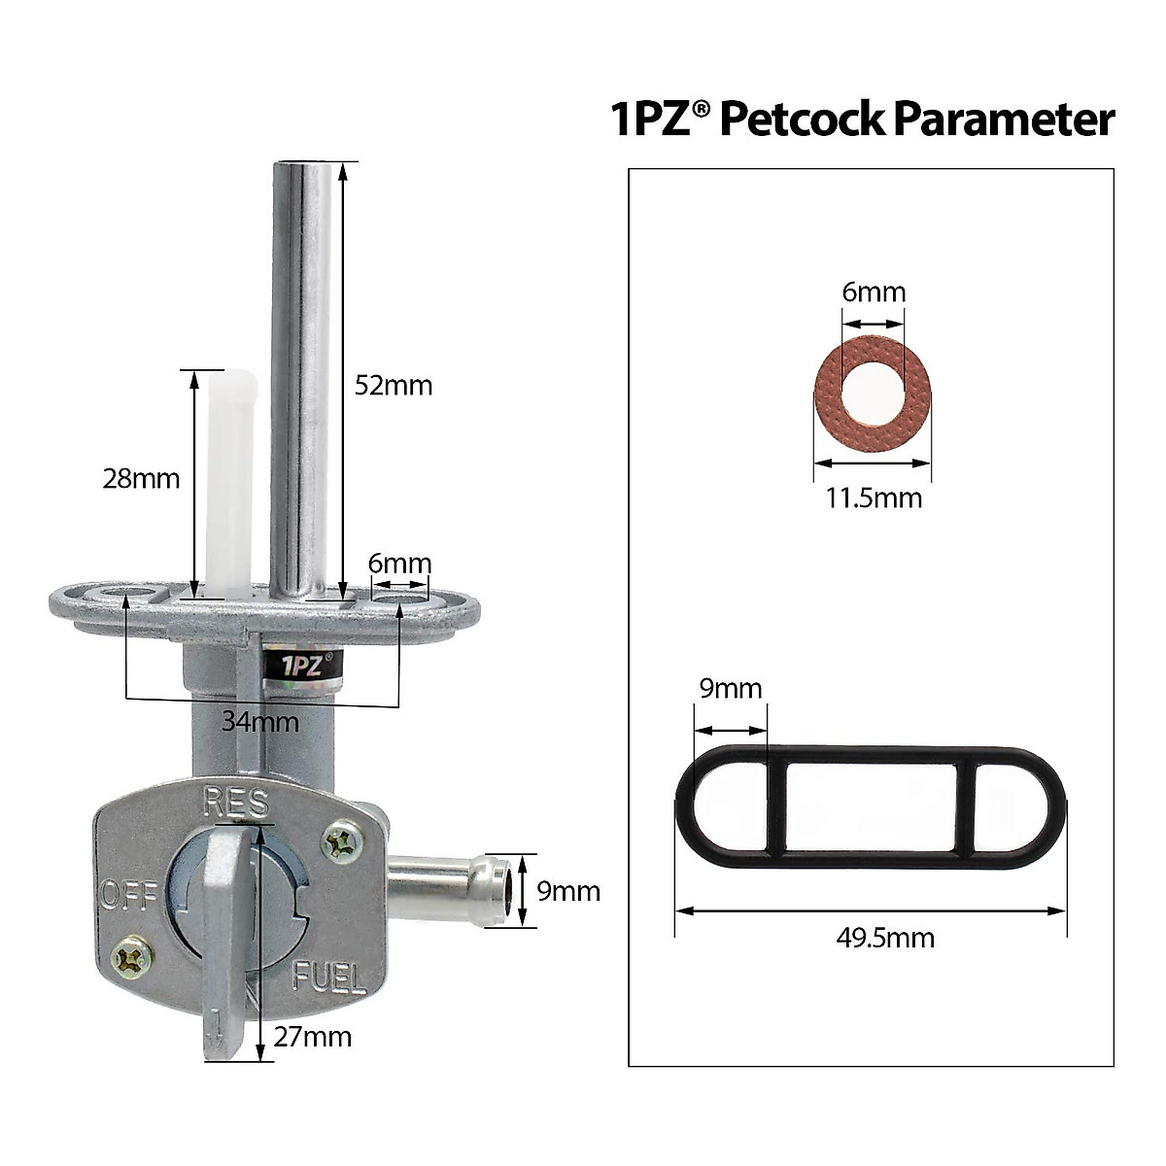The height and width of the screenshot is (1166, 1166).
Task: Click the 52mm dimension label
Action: (x=393, y=386)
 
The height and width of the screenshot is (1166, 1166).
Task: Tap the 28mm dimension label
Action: (x=141, y=478)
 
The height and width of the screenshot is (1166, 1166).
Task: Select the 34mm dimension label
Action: (x=260, y=722)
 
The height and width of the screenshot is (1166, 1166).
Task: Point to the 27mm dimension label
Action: (x=312, y=1036)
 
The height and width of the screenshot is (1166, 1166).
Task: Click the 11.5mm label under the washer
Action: (x=874, y=498)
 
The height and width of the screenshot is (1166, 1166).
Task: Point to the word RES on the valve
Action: (x=235, y=803)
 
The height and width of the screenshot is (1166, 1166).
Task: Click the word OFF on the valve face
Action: (x=129, y=893)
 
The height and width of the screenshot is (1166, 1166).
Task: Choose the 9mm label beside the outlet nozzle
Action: (x=568, y=890)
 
